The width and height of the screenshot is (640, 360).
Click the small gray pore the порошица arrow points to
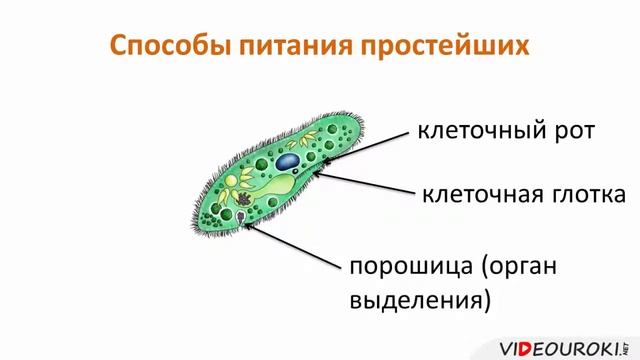click(247, 214)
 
